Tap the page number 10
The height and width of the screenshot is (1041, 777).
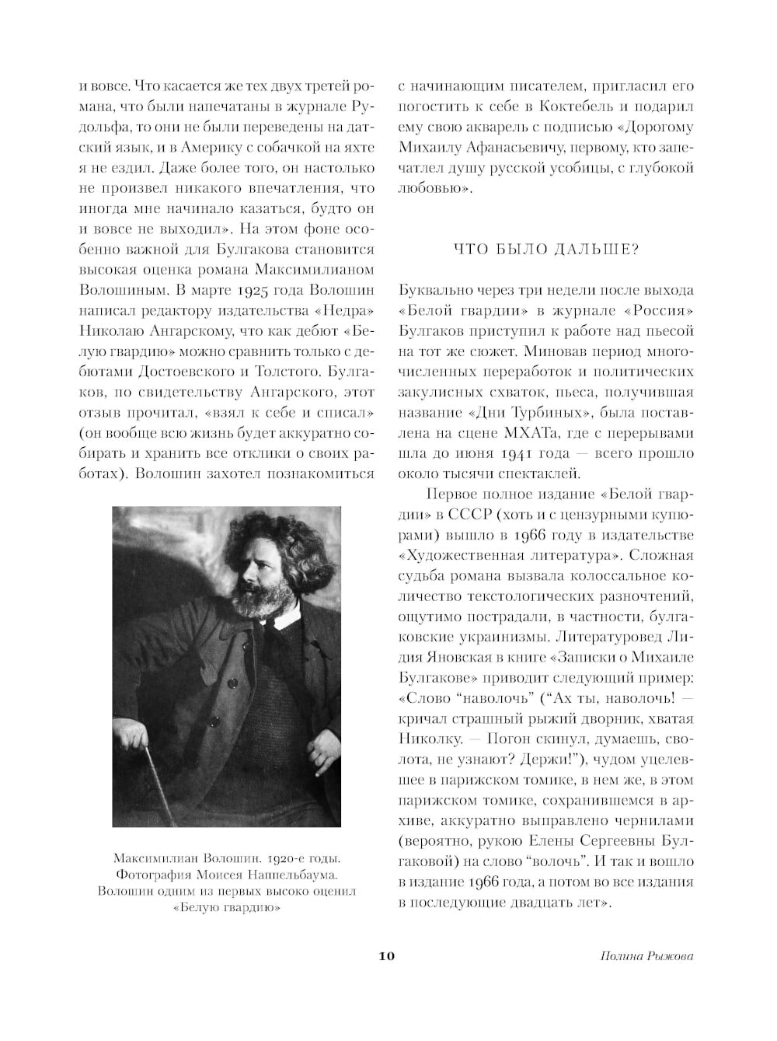point(387,955)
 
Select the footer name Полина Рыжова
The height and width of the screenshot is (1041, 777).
point(646,956)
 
